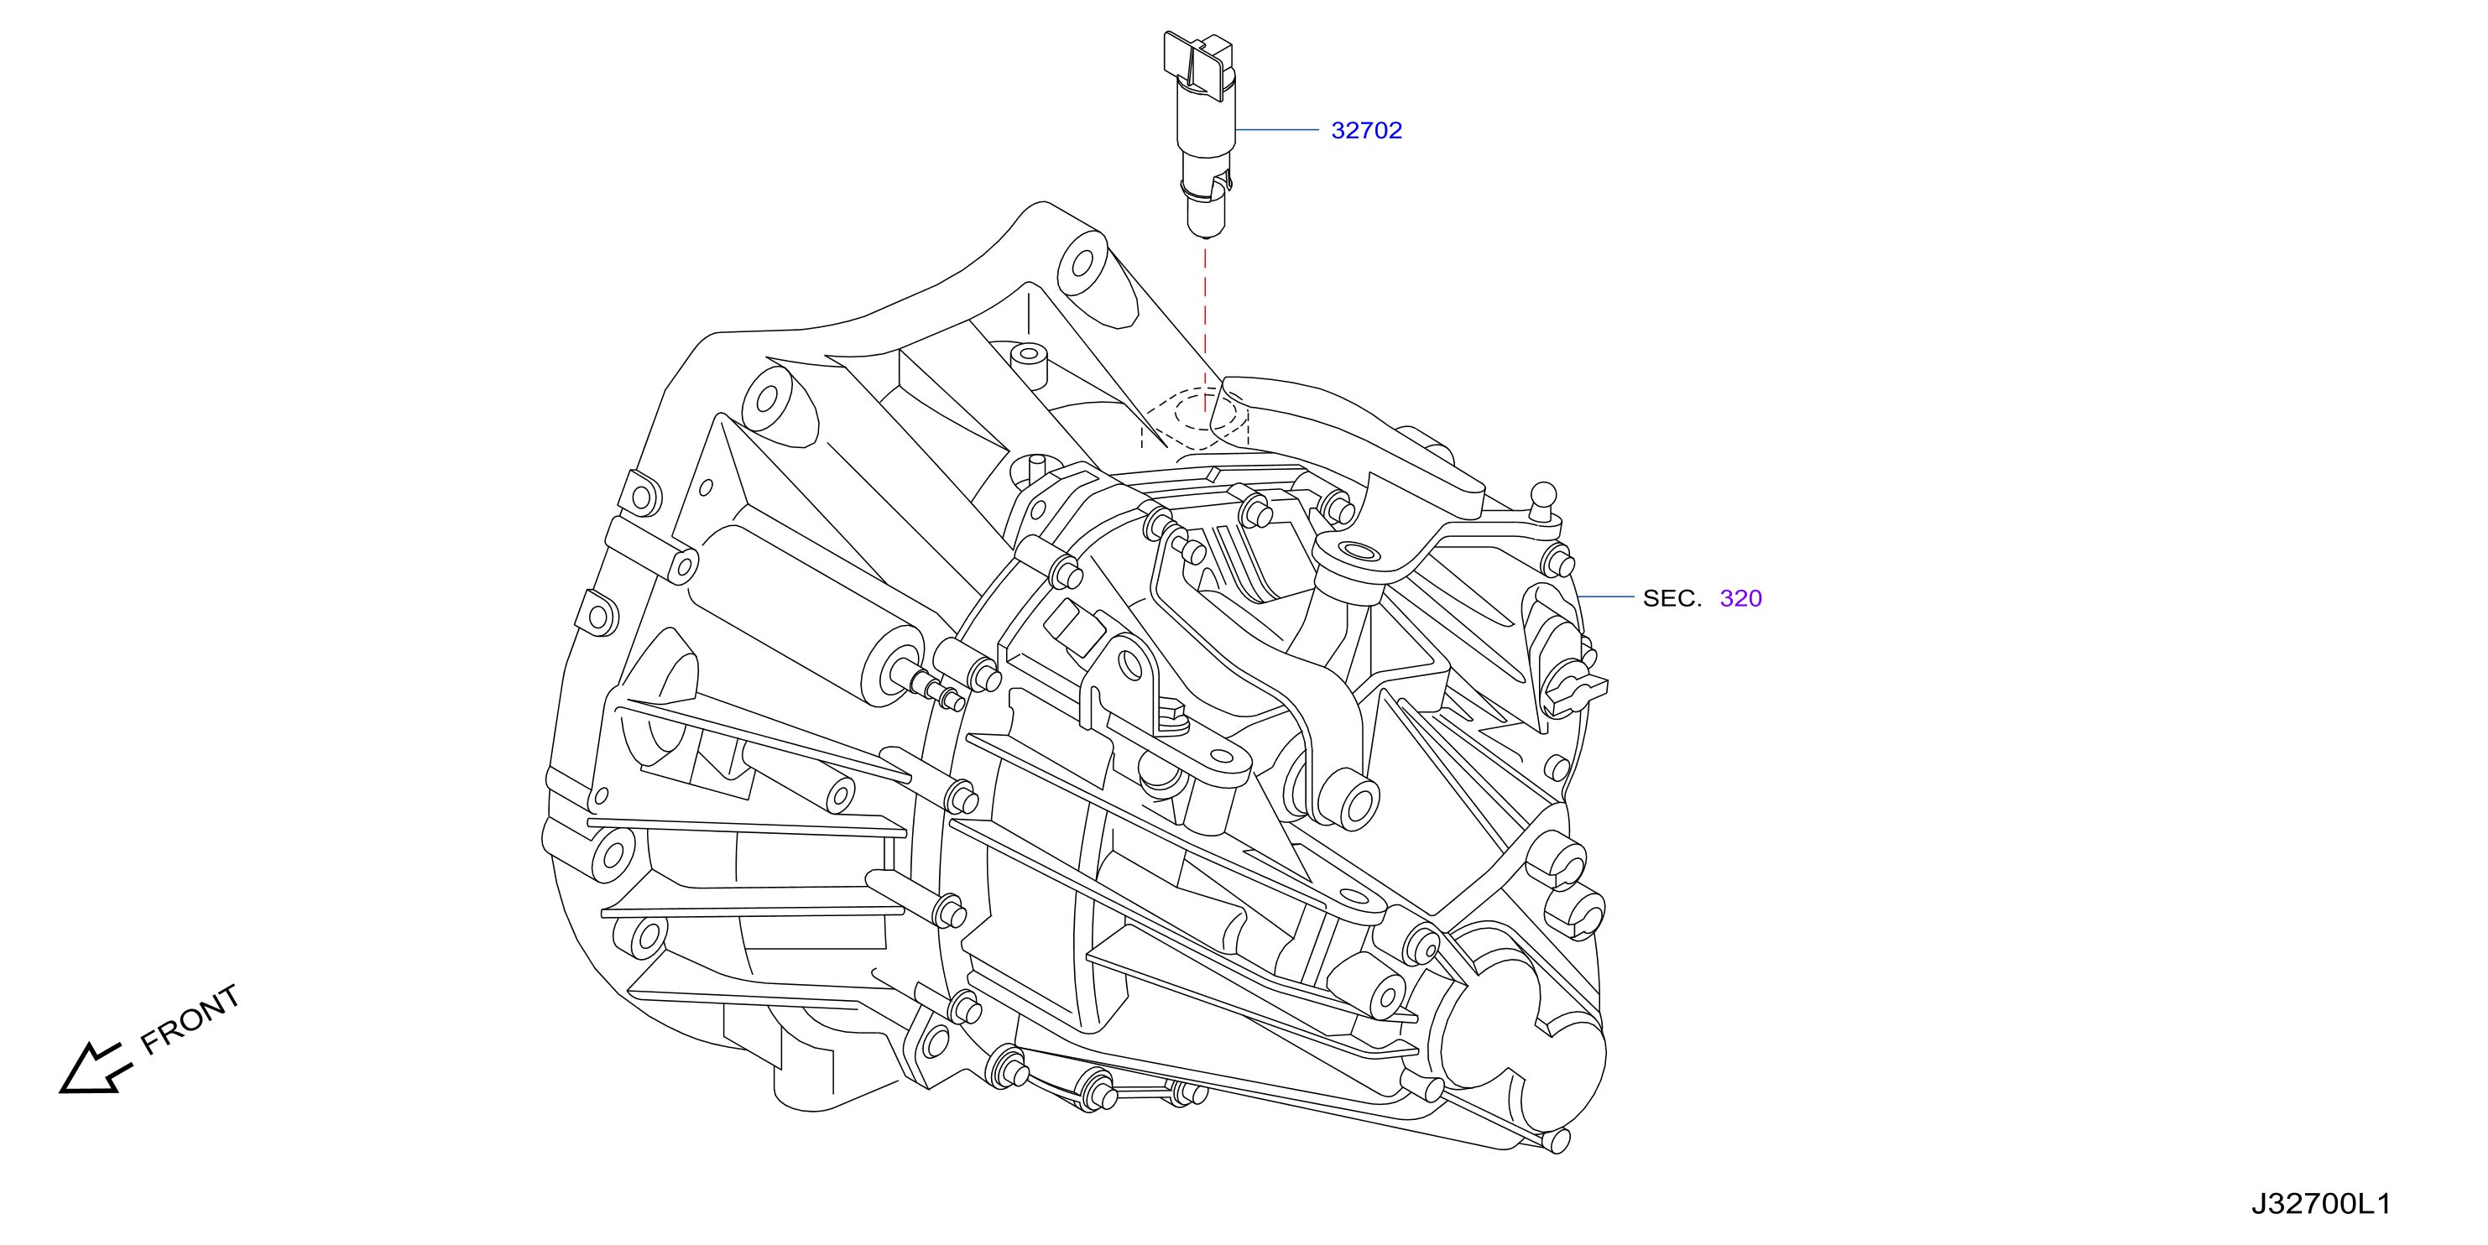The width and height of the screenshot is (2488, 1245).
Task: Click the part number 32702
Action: (1366, 130)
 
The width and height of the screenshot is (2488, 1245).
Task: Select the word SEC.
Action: (1672, 599)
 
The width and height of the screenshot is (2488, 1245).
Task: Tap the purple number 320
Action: (1740, 599)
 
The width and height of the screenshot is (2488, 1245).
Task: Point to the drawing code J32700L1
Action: (2321, 1203)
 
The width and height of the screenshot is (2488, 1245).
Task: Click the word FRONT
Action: (190, 1019)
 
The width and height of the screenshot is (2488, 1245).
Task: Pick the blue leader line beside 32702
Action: (1277, 129)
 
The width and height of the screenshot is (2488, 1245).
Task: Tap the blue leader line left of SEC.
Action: (1606, 596)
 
